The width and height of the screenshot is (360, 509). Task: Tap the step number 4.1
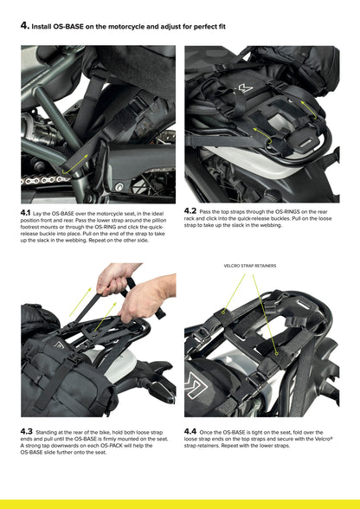click(x=25, y=213)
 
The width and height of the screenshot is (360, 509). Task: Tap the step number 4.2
click(x=190, y=210)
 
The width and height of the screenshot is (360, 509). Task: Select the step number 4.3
click(x=26, y=431)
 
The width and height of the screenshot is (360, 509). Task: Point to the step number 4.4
click(x=190, y=431)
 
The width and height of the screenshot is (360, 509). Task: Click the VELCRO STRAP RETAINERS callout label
click(x=249, y=266)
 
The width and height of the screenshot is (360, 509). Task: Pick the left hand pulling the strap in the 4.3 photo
click(x=113, y=278)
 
